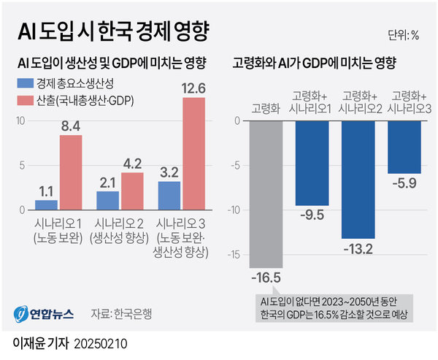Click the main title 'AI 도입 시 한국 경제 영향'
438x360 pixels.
pyautogui.click(x=112, y=32)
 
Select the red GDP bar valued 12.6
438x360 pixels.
pyautogui.click(x=193, y=153)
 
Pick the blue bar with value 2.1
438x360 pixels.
pyautogui.click(x=108, y=200)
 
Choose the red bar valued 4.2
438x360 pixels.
pyautogui.click(x=132, y=191)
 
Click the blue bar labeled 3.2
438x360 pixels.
pyautogui.click(x=169, y=195)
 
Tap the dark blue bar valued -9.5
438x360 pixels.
pyautogui.click(x=312, y=163)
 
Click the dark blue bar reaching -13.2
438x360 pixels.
pyautogui.click(x=358, y=179)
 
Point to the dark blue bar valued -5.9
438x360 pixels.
pyautogui.click(x=404, y=147)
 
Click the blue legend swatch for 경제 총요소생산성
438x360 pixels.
pyautogui.click(x=26, y=82)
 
